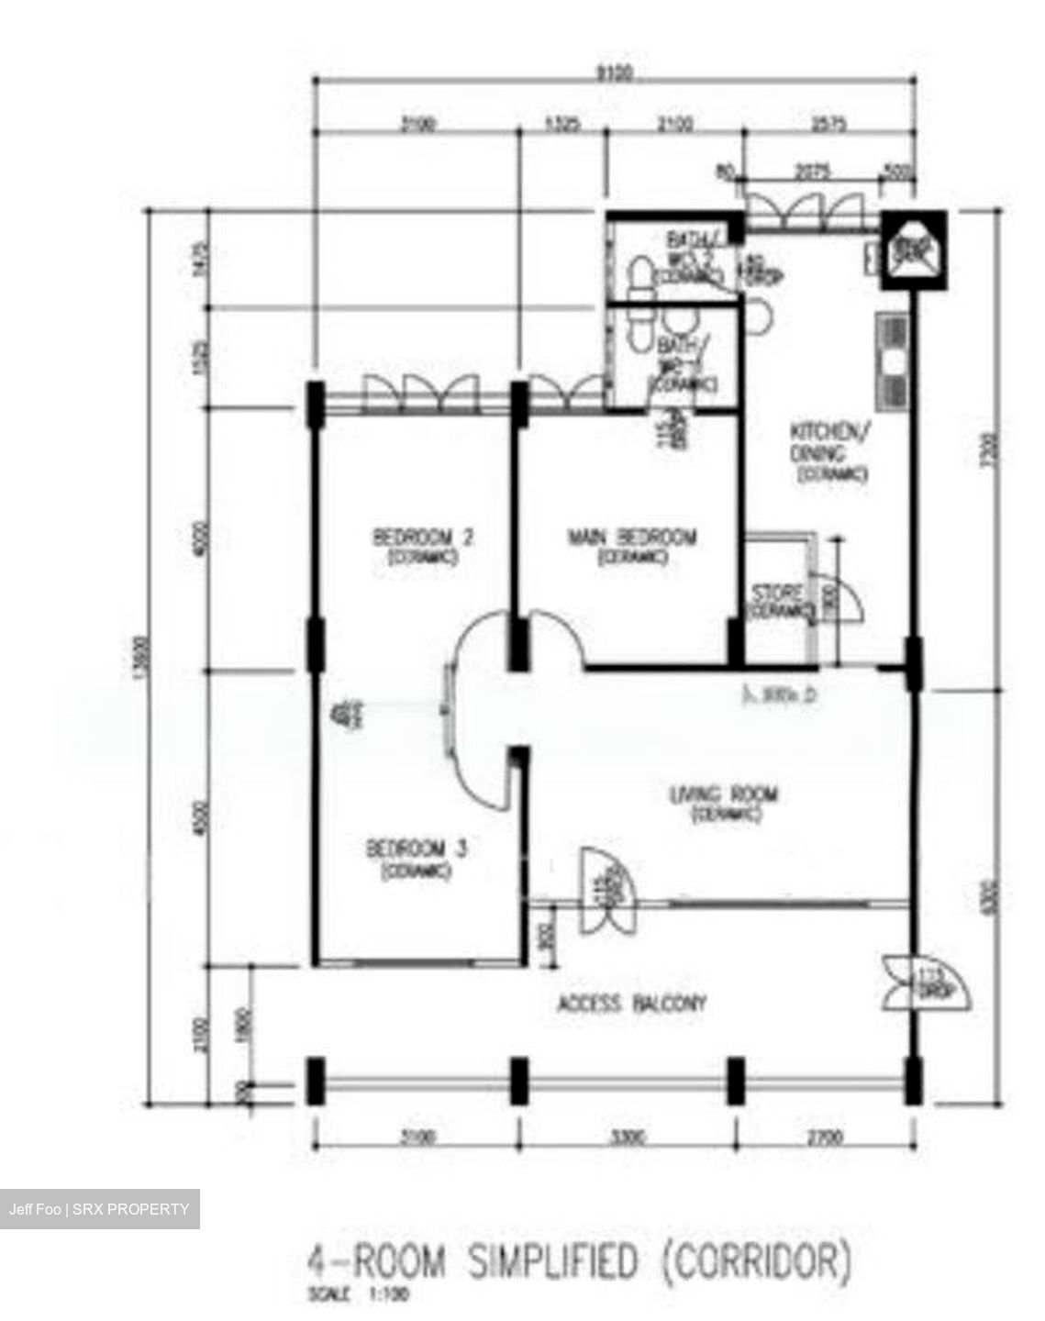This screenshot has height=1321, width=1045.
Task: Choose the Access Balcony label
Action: [632, 1004]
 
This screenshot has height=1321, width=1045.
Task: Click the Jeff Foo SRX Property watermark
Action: [99, 1209]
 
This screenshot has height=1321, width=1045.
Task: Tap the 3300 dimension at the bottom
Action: [628, 1138]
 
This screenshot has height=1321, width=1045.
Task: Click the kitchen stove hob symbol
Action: [892, 361]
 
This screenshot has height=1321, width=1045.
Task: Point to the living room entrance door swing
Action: [604, 890]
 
